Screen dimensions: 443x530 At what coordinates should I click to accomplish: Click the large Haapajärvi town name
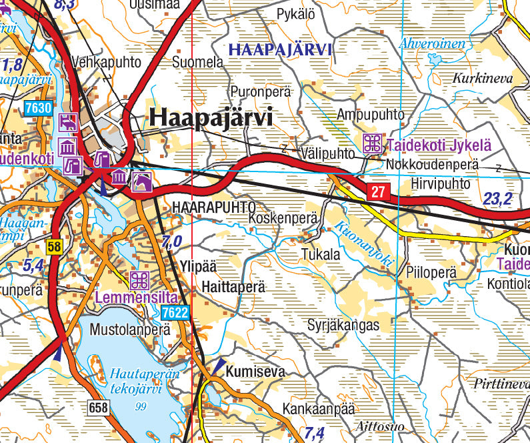click(x=211, y=117)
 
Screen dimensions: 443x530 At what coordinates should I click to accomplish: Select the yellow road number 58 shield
click(x=53, y=247)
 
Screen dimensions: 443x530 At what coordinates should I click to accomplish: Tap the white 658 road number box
click(x=97, y=406)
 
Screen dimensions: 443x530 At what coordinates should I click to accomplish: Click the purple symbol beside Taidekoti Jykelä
click(x=372, y=143)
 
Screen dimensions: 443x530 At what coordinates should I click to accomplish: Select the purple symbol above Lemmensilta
click(x=139, y=280)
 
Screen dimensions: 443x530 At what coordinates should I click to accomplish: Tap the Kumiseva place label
click(x=255, y=372)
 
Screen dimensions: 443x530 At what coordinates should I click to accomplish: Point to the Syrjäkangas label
click(x=343, y=326)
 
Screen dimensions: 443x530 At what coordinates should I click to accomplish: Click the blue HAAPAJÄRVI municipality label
click(x=279, y=49)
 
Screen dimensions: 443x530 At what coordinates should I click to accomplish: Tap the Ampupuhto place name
click(x=371, y=114)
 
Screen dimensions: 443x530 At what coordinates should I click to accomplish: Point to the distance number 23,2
click(x=498, y=198)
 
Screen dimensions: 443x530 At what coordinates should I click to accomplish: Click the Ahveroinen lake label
click(x=433, y=44)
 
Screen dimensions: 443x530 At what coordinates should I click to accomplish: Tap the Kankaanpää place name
click(x=318, y=408)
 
